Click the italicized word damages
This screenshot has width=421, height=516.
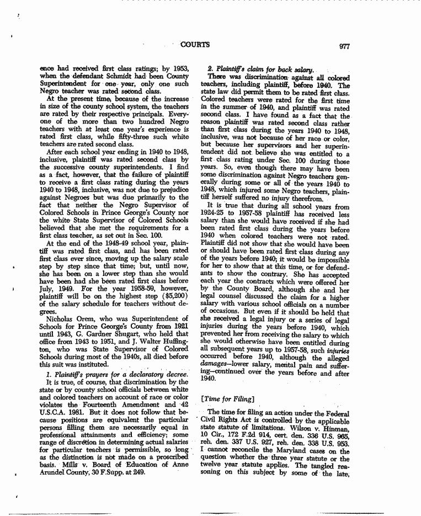[214, 358]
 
